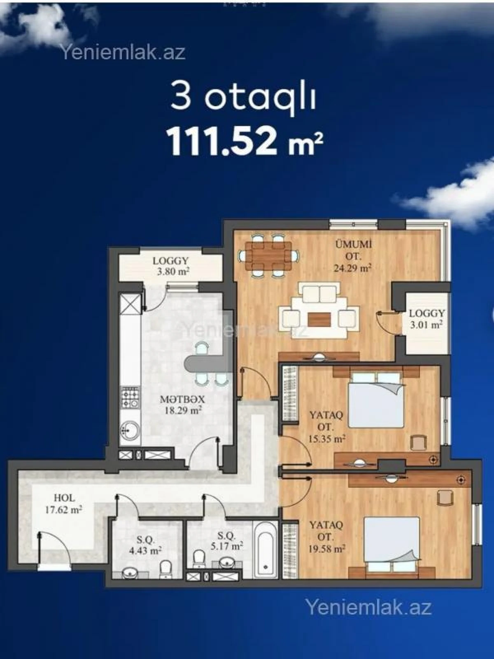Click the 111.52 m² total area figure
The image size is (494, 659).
244,141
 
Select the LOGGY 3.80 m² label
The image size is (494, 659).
170,266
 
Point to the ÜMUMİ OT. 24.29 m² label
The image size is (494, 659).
353,256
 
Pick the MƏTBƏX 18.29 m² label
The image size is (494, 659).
182,404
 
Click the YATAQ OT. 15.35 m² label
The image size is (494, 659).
326,427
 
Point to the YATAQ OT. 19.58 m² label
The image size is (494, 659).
326,537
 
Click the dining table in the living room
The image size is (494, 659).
268,256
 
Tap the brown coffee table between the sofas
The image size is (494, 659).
319,318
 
